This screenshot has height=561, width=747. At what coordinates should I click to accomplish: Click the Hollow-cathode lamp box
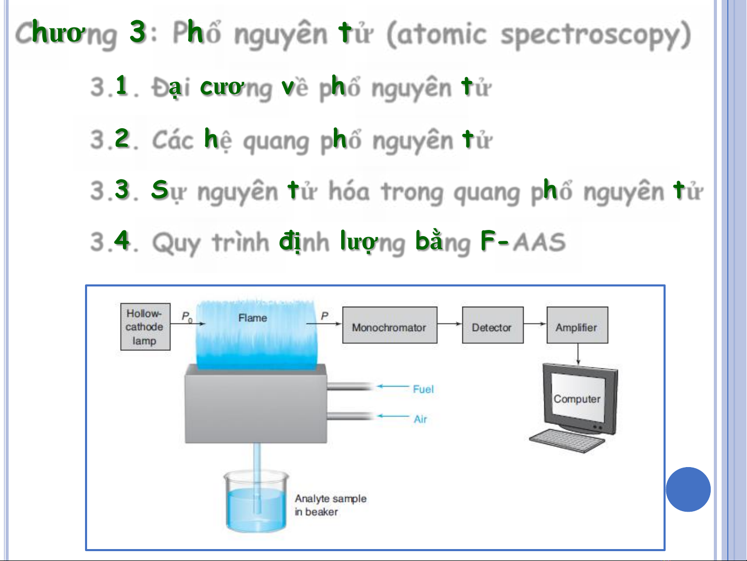point(145,326)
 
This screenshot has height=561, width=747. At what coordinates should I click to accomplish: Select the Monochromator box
point(390,325)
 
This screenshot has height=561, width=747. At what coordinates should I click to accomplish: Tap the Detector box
point(493,325)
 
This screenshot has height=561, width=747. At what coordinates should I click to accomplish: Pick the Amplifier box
point(577,325)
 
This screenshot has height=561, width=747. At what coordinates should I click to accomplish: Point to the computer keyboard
point(567,441)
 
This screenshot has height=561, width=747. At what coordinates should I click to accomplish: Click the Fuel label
point(423,389)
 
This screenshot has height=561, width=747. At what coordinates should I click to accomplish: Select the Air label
point(420,419)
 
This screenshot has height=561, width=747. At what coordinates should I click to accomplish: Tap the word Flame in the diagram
point(252,318)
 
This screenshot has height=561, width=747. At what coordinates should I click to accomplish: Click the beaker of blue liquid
point(256,501)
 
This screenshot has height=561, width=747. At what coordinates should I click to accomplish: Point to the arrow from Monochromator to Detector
point(449,324)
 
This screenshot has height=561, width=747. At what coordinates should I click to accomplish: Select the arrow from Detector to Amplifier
point(535,324)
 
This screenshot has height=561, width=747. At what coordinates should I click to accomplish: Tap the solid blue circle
point(688,489)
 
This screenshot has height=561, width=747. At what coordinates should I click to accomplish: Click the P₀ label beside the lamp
point(187,317)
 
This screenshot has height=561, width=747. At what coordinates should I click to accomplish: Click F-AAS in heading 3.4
point(523,241)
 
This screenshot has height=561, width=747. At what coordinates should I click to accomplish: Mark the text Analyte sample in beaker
point(330,505)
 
